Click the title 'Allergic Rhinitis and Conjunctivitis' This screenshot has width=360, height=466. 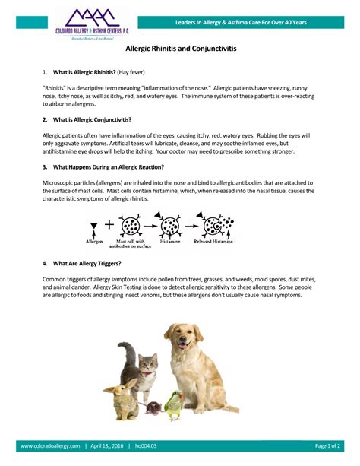click(179, 47)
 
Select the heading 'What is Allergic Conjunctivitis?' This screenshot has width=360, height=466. click(90, 120)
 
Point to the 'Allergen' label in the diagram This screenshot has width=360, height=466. click(95, 240)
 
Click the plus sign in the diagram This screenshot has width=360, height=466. click(108, 225)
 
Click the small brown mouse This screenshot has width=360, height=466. click(153, 409)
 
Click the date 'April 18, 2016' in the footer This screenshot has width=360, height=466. click(109, 445)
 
